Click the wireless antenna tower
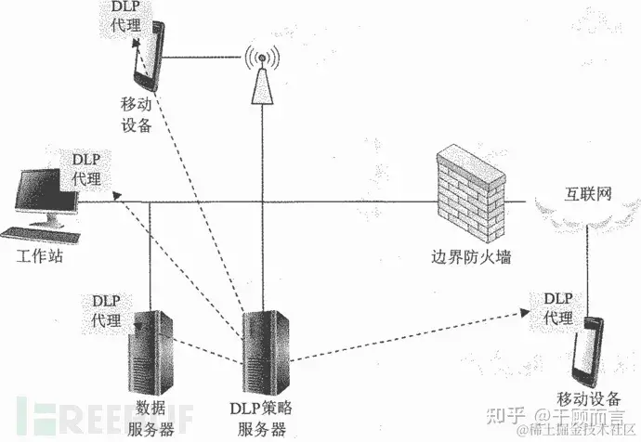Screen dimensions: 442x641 pos(262,80)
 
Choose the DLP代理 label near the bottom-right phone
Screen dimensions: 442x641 pos(558,306)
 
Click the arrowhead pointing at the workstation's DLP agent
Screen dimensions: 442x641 pos(113,195)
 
